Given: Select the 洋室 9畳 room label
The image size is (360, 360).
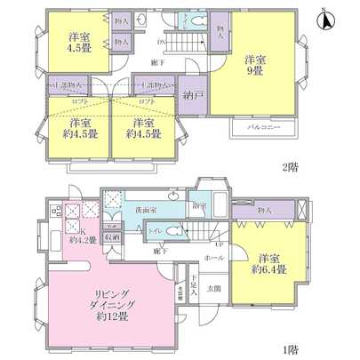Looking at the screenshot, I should pyautogui.click(x=258, y=65).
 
